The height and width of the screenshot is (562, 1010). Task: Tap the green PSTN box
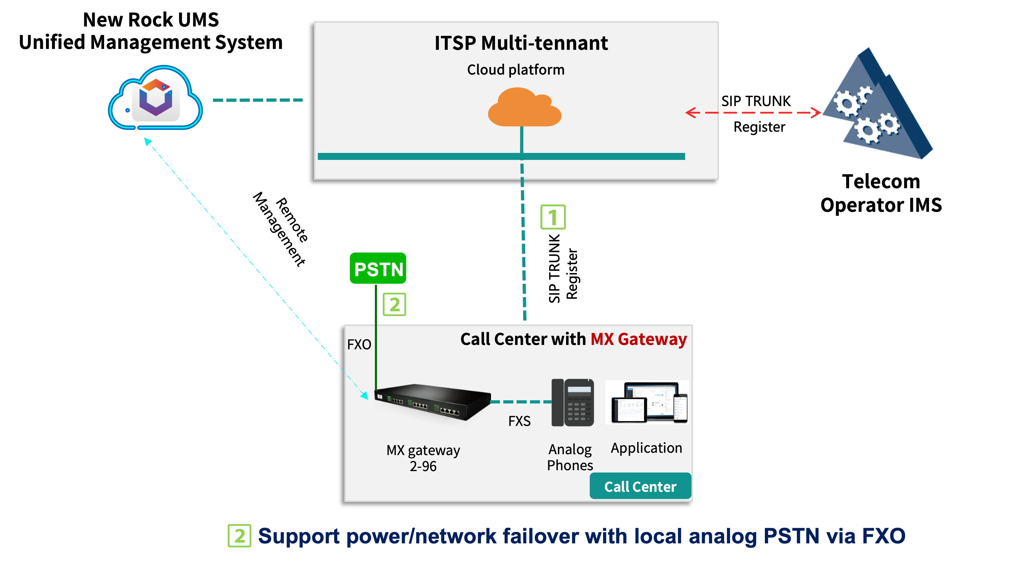coord(378,268)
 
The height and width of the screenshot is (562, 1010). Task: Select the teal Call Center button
coord(640,486)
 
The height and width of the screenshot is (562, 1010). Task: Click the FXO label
coord(359,344)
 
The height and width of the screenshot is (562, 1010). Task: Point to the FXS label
coord(519,421)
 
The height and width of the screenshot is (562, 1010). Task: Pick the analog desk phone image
coord(572,403)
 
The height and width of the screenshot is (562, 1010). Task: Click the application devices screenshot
coord(647,403)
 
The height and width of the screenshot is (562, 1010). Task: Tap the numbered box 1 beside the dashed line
coord(553,217)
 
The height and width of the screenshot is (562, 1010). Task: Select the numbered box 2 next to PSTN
coord(394,304)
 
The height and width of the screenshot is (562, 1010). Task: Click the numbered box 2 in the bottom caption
coord(239,536)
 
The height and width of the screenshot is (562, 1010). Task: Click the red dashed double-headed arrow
coord(753,112)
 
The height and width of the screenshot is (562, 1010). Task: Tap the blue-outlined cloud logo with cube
coord(156,98)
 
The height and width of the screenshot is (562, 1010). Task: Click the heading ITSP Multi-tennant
coord(521,43)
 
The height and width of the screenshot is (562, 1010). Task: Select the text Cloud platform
coord(516,70)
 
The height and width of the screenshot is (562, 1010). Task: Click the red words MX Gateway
coord(638,339)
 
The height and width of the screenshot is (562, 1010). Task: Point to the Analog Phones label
coord(570,457)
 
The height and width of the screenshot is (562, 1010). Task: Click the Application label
coord(646,448)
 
